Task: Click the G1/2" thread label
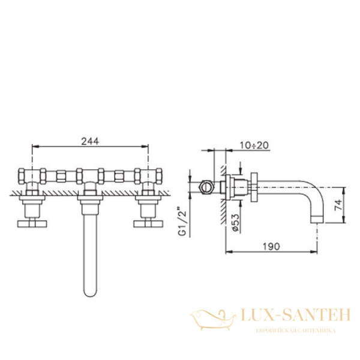179,222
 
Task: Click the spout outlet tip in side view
318,220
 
